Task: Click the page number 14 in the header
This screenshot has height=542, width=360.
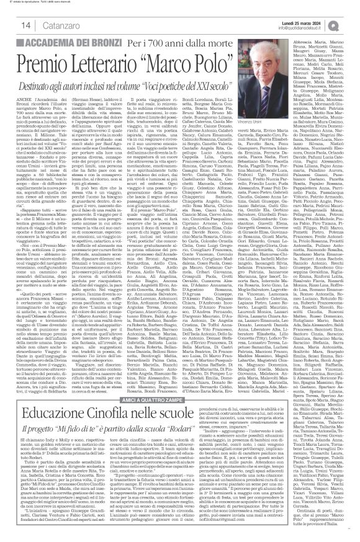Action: [x=11, y=24]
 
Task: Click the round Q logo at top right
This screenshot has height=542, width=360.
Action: [x=351, y=24]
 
